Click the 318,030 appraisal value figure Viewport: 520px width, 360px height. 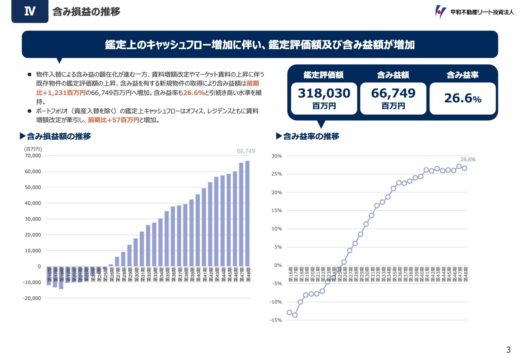point(324,93)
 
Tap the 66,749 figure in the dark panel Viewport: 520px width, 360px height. point(393,93)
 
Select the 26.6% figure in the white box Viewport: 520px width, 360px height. point(462,99)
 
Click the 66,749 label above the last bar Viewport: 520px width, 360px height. point(246,151)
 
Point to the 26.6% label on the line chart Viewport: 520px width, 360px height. point(468,160)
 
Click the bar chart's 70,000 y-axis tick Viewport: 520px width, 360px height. point(33,156)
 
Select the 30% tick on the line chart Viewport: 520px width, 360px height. point(277,156)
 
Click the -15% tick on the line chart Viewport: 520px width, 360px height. point(276,321)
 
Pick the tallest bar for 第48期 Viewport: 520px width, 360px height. point(247,213)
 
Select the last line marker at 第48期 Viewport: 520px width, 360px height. point(464,168)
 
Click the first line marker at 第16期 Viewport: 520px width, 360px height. point(290,312)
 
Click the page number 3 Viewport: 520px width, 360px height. point(508,350)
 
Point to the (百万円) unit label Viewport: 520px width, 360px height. point(33,149)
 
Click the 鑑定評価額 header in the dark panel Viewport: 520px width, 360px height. point(324,75)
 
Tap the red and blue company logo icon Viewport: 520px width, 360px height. point(440,12)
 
